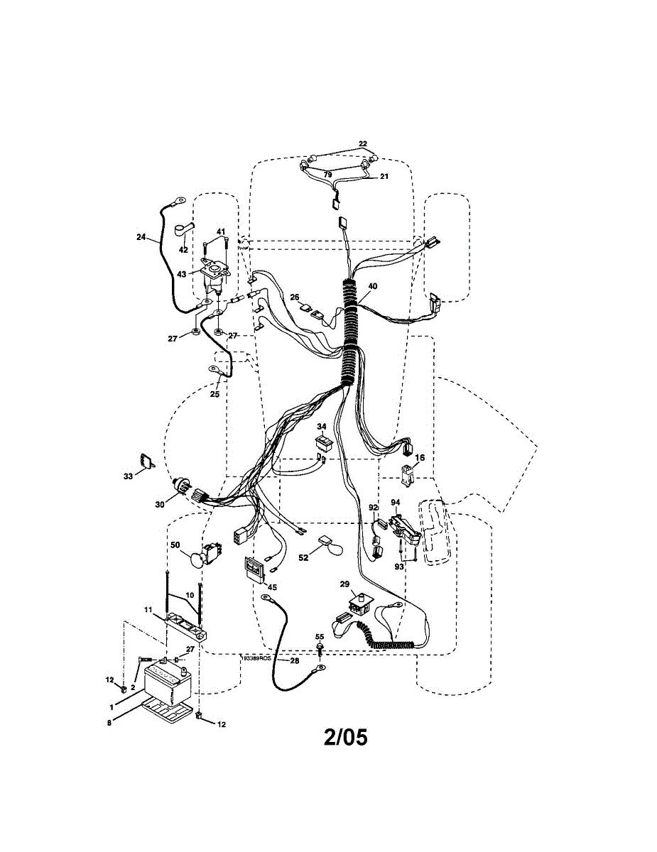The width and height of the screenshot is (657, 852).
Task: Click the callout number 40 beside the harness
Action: (x=372, y=287)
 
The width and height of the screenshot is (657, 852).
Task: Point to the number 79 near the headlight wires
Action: (x=327, y=174)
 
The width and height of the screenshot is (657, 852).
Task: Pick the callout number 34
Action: (x=321, y=427)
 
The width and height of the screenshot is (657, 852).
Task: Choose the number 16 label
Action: (x=420, y=458)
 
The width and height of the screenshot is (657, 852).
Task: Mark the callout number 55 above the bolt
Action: (x=319, y=637)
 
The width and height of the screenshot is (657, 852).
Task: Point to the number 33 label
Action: (x=128, y=476)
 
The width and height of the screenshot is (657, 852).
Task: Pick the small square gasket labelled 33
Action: (x=146, y=461)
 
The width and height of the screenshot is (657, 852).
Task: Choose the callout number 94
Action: (x=396, y=502)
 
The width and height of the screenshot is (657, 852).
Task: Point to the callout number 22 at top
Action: (x=363, y=144)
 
